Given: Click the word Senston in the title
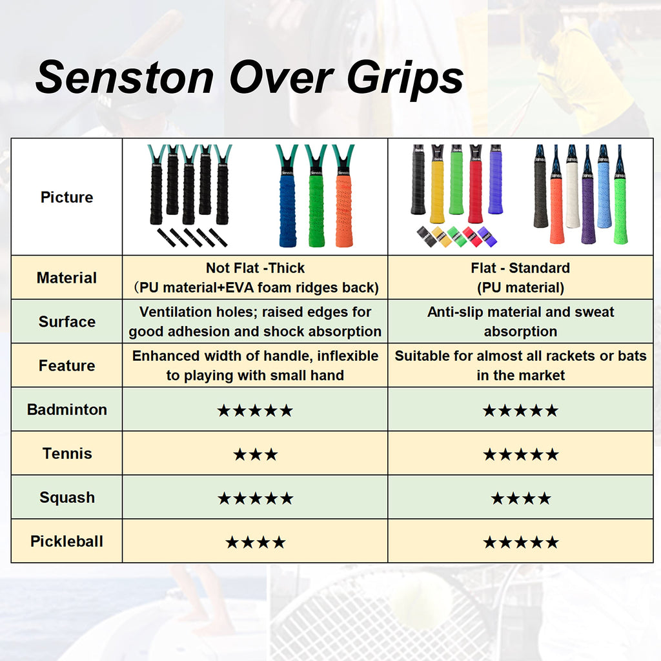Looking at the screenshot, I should point(125,77).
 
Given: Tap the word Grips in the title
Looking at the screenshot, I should point(405,79).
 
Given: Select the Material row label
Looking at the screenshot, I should point(66,278).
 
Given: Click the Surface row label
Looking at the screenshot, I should point(66,322).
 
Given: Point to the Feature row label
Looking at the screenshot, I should point(66,366).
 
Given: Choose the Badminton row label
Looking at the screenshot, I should point(66,410).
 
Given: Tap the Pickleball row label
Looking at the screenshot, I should point(66,542).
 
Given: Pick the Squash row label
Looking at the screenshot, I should point(66,498).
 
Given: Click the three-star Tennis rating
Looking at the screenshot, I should point(255,454).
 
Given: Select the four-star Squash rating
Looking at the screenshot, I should point(520,498).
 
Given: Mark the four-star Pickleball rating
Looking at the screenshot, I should point(255,542).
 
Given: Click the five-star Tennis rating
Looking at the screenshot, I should point(520,454).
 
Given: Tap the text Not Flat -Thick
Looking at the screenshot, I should point(255,268).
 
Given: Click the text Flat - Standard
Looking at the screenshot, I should point(520,268).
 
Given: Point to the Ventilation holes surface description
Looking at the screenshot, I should point(255,322).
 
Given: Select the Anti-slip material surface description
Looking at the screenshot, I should point(520,322).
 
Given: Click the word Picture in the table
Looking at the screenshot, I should point(66,198).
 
